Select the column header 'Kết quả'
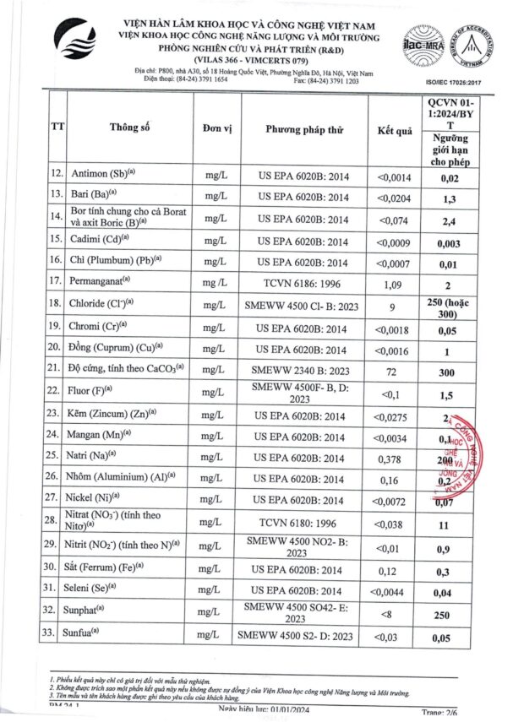pyautogui.click(x=393, y=130)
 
